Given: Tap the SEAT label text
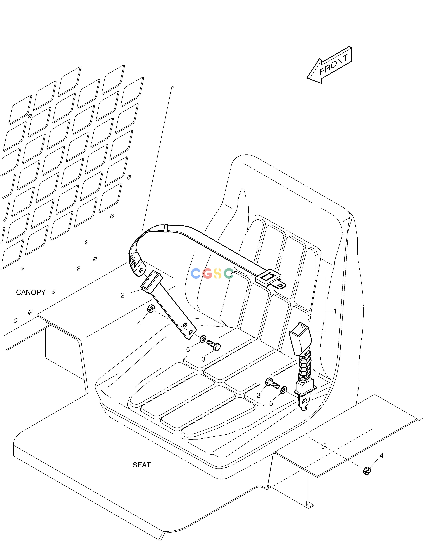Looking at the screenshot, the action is [142, 465].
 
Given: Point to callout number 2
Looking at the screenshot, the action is [123, 295].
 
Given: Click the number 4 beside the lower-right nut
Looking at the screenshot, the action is [381, 456].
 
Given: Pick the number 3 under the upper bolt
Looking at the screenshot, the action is [203, 359].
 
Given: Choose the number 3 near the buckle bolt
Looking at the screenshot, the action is [259, 395].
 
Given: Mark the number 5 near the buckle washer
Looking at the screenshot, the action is [271, 403].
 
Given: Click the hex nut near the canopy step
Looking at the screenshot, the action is [151, 309].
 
